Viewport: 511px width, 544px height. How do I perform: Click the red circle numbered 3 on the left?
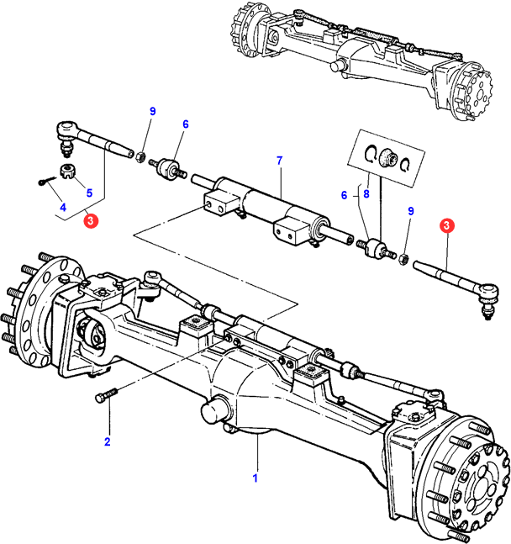(91, 222)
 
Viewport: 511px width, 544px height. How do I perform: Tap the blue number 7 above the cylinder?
(280, 160)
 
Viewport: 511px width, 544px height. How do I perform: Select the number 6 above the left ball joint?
(186, 124)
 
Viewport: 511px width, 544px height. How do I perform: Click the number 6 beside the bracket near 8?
(344, 195)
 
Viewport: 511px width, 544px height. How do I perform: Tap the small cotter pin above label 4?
(45, 179)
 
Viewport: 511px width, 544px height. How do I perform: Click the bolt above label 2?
(113, 399)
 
